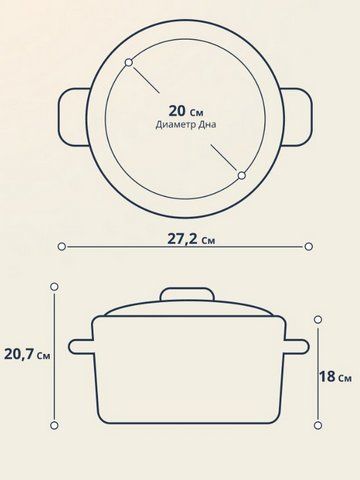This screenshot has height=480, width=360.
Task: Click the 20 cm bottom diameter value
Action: click(186, 111)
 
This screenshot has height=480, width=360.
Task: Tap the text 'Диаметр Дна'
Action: click(186, 125)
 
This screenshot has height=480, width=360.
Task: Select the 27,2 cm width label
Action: click(191, 239)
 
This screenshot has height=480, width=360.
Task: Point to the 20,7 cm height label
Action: click(27, 354)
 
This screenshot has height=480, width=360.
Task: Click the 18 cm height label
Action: click(335, 377)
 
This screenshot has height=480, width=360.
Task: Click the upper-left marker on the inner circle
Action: click(129, 62)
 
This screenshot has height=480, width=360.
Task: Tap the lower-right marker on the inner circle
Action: click(242, 175)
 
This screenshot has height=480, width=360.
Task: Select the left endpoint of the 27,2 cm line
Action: click(61, 247)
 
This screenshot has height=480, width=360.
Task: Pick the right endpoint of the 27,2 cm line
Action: click(309, 247)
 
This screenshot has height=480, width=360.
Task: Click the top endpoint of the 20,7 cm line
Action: click(54, 287)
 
